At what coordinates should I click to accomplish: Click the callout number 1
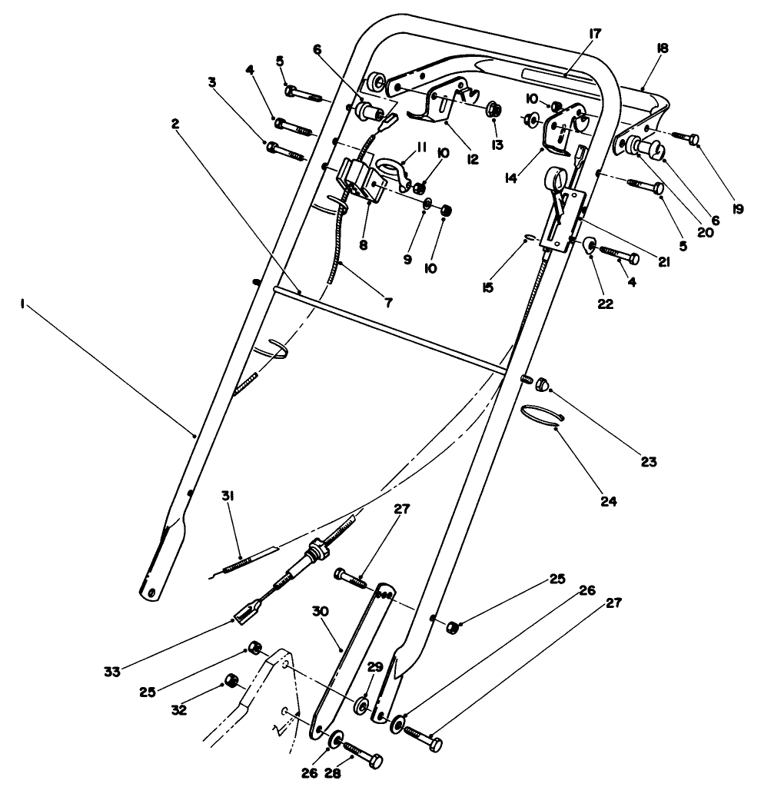coord(25,304)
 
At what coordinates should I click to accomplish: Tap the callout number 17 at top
coord(594,34)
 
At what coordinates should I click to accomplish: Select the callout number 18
coord(663,48)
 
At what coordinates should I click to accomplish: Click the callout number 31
coord(228,497)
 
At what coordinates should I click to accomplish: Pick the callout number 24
coord(609,501)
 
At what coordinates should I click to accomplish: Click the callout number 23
coord(648,462)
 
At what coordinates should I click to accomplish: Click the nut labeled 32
coord(228,679)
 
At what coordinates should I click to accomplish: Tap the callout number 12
coord(471,160)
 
